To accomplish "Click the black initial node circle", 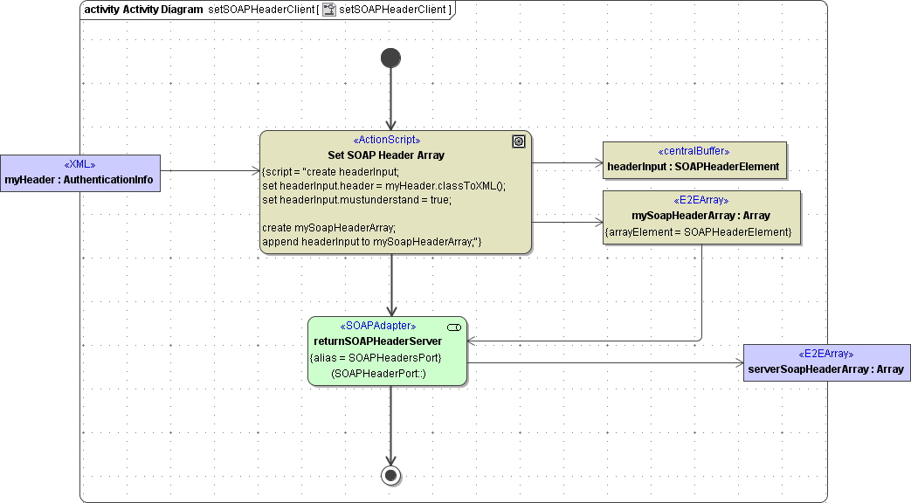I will [390, 58].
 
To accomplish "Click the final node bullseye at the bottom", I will [390, 475].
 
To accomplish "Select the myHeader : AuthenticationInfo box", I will [79, 173].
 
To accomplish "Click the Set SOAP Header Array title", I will [386, 155].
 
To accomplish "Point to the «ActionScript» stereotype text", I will [386, 141].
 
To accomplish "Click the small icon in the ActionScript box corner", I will [519, 141].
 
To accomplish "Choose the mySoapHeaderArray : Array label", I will [701, 216].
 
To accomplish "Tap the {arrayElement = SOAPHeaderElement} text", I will [698, 232].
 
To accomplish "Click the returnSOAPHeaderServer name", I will [377, 341].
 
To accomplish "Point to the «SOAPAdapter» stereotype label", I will [377, 326].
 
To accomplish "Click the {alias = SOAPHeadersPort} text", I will [376, 358].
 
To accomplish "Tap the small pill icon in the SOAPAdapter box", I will [454, 327].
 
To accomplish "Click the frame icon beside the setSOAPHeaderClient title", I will [329, 10].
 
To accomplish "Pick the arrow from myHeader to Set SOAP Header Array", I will [210, 171].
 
